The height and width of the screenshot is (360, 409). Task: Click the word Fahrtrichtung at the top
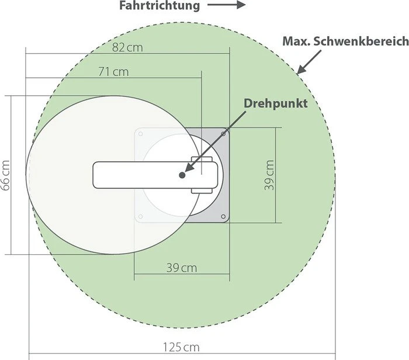[x=160, y=6]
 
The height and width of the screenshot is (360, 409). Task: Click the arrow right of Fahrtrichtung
[x=227, y=5]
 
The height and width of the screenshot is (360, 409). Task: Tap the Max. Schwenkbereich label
[x=346, y=41]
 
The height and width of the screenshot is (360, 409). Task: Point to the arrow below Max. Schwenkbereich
[x=309, y=61]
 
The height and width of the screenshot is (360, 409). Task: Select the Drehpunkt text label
[x=275, y=103]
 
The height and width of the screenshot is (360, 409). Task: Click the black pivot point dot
[x=182, y=175]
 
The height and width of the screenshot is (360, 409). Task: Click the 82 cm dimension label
[x=127, y=47]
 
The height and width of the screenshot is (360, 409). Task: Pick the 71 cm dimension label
[x=113, y=72]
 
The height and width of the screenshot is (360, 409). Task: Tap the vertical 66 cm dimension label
[x=5, y=175]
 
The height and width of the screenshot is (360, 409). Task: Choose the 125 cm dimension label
[x=181, y=347]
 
